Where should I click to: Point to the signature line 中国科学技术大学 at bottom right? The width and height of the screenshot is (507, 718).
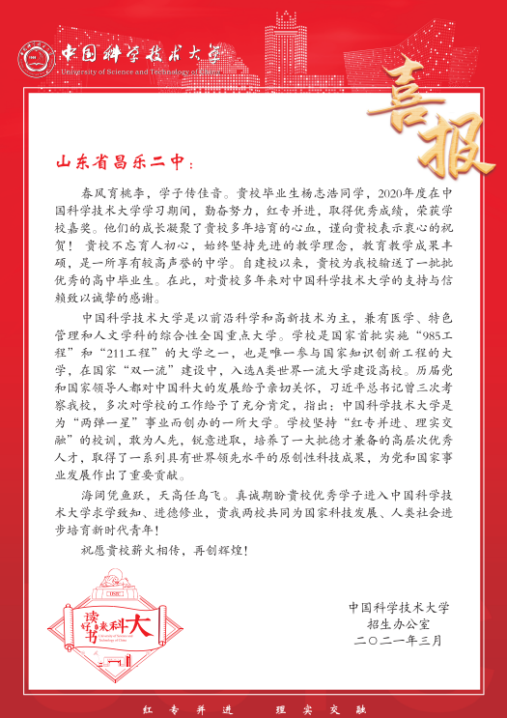tap(399, 609)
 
